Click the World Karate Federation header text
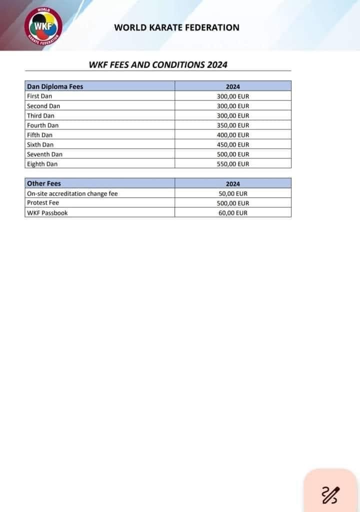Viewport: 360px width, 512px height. [176, 28]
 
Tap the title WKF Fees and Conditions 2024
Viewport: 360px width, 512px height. [157, 65]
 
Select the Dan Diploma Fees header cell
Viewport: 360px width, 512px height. [55, 87]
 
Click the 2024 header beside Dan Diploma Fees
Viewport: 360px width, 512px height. [233, 87]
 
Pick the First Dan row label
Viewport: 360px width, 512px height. [39, 96]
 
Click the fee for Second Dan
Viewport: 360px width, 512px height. [233, 106]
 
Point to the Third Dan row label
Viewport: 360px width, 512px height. [40, 116]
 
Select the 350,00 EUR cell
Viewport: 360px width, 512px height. [233, 126]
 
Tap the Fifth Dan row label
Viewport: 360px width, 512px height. [39, 135]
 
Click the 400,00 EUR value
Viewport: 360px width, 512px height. [233, 135]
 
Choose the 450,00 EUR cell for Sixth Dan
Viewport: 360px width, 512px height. [233, 145]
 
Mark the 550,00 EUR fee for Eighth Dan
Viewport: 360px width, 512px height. [233, 164]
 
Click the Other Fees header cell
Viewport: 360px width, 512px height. [44, 184]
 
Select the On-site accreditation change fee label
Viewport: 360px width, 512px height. [72, 194]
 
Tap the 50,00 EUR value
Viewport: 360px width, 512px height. [233, 194]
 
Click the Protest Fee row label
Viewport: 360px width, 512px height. [42, 203]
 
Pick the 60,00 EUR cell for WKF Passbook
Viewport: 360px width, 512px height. [233, 213]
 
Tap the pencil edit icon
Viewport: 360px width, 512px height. [330, 494]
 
